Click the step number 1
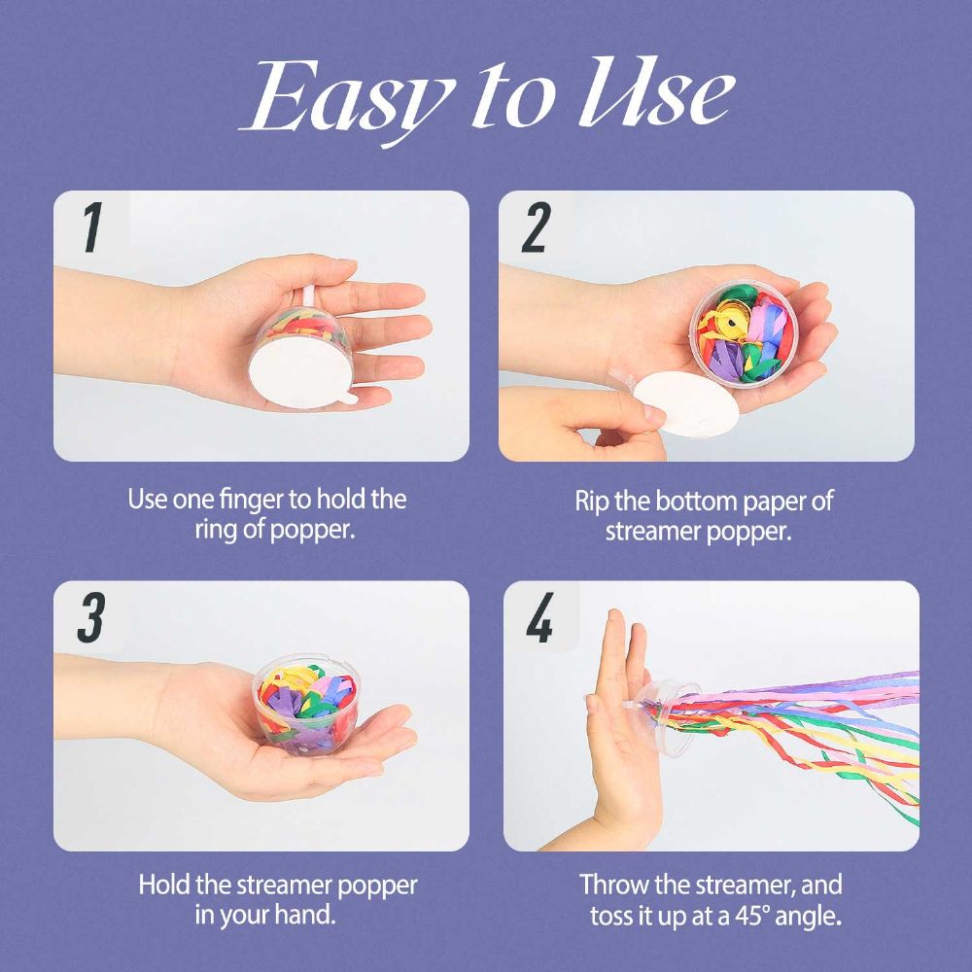[x=92, y=227]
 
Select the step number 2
[x=537, y=227]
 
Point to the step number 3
[x=91, y=618]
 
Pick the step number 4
[x=539, y=618]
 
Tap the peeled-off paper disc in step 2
[x=687, y=403]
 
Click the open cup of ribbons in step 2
[x=744, y=332]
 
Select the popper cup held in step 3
[x=307, y=704]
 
